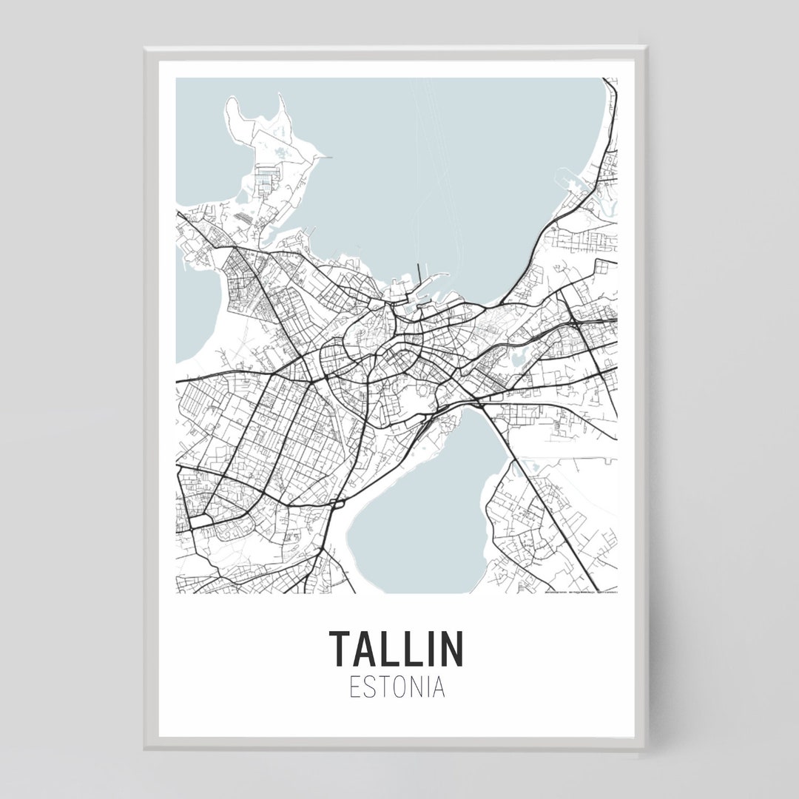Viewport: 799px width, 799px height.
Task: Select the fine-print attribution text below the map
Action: click(580, 591)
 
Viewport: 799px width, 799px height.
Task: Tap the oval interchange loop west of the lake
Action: click(337, 505)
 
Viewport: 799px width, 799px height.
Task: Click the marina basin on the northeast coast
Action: click(573, 182)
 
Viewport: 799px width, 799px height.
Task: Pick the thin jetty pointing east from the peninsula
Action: click(318, 157)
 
